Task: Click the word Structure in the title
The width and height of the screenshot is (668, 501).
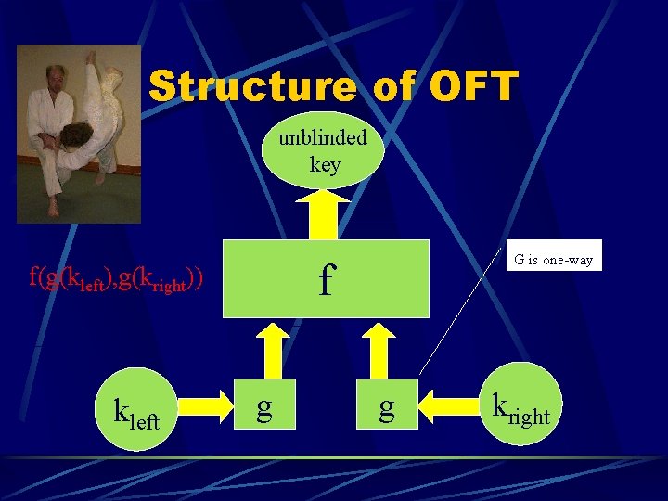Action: (251, 87)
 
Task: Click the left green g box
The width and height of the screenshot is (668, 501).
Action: (264, 405)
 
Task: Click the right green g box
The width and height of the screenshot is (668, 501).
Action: (386, 405)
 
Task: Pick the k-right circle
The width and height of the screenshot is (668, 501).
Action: (520, 405)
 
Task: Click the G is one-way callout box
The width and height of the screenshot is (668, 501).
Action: (554, 260)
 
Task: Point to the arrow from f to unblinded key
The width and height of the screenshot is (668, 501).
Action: (324, 213)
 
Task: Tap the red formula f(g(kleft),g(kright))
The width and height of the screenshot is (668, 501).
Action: (116, 276)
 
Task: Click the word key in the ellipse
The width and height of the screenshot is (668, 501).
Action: (325, 165)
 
